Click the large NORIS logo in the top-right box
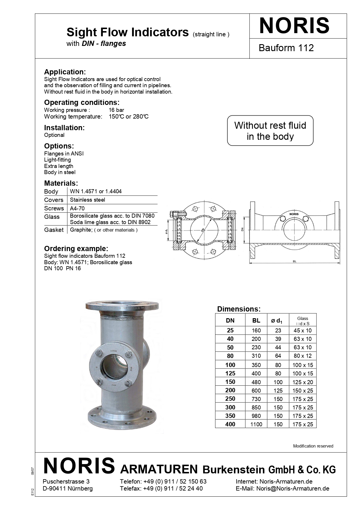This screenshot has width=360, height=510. (294, 26)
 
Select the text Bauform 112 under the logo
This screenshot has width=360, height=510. (286, 48)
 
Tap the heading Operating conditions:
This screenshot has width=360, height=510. (82, 103)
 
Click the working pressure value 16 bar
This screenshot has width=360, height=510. (116, 110)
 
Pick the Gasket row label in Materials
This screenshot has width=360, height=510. (54, 230)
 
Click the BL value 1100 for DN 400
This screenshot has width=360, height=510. (256, 424)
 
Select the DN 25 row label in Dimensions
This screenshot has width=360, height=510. (230, 330)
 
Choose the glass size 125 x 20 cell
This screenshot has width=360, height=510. (303, 382)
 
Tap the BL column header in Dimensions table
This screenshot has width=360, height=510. (256, 321)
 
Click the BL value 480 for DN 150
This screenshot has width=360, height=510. (256, 382)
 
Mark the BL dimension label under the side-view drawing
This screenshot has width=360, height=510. (294, 262)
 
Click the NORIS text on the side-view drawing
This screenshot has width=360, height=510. (294, 214)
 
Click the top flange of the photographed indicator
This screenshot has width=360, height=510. (122, 306)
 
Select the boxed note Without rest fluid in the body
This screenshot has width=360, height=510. (270, 131)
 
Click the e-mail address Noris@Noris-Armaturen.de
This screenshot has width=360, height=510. (293, 488)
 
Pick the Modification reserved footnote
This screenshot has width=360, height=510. (313, 446)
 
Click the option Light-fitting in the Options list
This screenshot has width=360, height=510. (57, 160)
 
